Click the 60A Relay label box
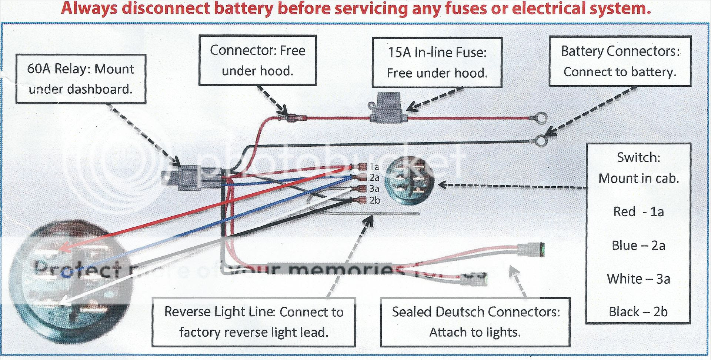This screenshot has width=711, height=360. [80, 79]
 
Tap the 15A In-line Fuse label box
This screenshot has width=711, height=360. [437, 62]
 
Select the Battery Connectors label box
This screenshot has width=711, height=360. [620, 61]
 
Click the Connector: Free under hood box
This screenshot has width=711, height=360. [257, 60]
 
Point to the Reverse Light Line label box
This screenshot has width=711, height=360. [254, 322]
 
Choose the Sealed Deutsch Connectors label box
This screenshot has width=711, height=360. [475, 322]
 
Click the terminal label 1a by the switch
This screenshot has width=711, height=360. [374, 167]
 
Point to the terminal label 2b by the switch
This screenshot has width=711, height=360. [375, 200]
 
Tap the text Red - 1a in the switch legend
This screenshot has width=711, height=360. [638, 211]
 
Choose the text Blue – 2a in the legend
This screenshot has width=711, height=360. [638, 245]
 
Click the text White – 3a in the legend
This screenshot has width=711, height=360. [638, 279]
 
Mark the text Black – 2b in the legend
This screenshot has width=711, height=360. [638, 312]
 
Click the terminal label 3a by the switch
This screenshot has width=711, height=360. [374, 189]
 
